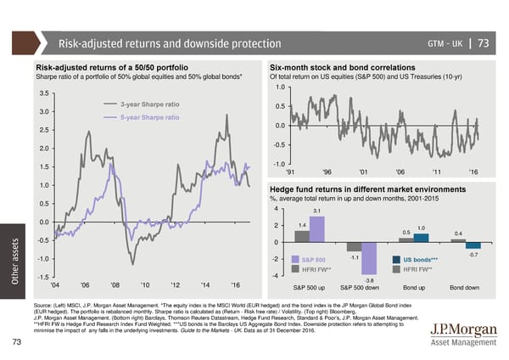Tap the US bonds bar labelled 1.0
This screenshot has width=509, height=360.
click(421, 238)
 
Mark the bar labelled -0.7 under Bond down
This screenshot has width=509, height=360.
click(473, 245)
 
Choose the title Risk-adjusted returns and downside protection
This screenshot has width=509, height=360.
click(169, 43)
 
